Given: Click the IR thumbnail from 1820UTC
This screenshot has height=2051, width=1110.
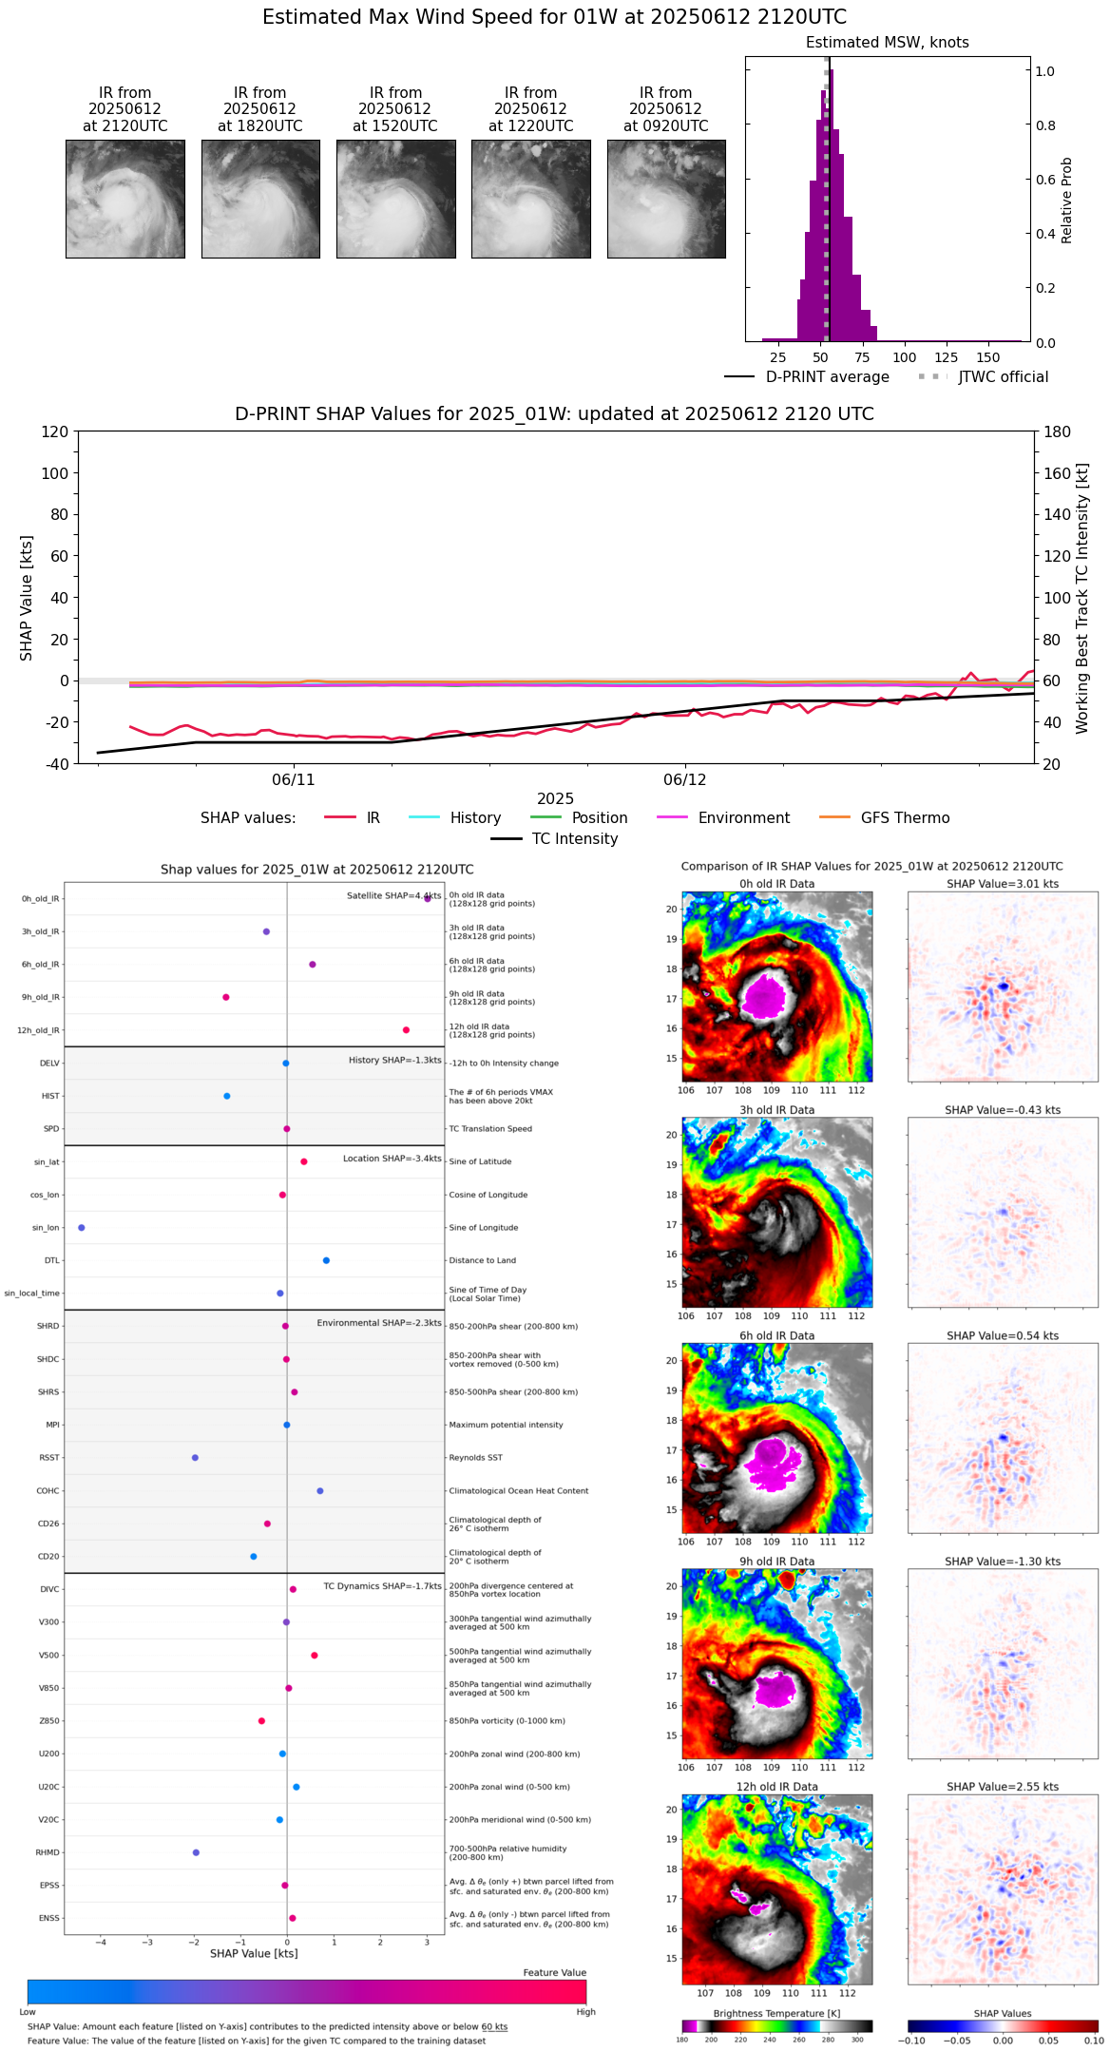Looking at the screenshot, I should tap(260, 199).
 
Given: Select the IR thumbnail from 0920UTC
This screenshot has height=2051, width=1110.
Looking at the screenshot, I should tap(666, 199).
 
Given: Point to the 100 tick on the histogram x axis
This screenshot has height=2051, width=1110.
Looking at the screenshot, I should tap(905, 357).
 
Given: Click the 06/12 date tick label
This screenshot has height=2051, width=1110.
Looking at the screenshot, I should tap(685, 780).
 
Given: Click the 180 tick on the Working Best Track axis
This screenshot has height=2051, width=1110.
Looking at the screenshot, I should tap(1058, 431).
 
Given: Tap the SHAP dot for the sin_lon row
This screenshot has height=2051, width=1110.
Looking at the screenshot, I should tap(82, 1228).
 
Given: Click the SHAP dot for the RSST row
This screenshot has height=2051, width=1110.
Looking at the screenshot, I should tap(195, 1458).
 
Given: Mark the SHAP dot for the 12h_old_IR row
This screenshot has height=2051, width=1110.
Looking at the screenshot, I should tap(406, 1030).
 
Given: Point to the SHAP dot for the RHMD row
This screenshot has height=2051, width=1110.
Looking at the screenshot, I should tap(196, 1852).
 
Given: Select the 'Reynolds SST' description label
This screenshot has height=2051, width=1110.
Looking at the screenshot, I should tap(475, 1458).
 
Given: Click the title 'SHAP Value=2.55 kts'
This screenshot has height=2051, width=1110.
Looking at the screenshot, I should tap(1003, 1787).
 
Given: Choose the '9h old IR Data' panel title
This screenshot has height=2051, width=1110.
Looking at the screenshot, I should tap(776, 1562).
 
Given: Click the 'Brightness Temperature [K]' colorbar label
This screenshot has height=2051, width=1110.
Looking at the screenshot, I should tap(776, 2013).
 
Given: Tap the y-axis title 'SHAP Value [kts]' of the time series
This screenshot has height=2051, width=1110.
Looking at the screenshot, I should tap(27, 598).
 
